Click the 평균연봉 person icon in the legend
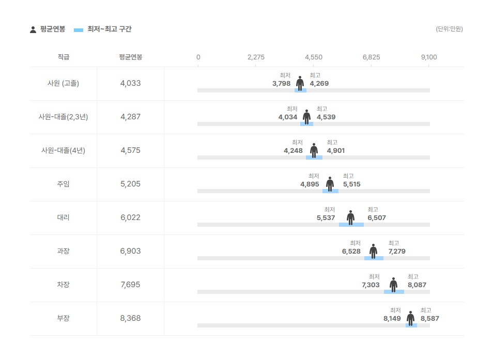pyautogui.click(x=33, y=29)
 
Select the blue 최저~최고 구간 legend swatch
pyautogui.click(x=79, y=30)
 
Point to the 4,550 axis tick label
pyautogui.click(x=314, y=57)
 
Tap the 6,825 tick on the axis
pyautogui.click(x=371, y=57)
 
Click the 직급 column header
pyautogui.click(x=64, y=57)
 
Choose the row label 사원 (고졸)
pyautogui.click(x=64, y=83)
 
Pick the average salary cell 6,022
pyautogui.click(x=130, y=217)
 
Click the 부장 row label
pyautogui.click(x=64, y=318)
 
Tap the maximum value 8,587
pyautogui.click(x=429, y=319)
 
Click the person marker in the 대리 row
pyautogui.click(x=351, y=217)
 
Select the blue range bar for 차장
pyautogui.click(x=394, y=292)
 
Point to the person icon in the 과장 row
pyautogui.click(x=373, y=251)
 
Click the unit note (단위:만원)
pyautogui.click(x=449, y=29)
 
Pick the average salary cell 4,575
pyautogui.click(x=130, y=150)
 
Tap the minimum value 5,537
pyautogui.click(x=326, y=218)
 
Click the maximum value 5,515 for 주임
pyautogui.click(x=352, y=184)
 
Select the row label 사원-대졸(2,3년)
pyautogui.click(x=64, y=117)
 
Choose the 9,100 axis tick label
pyautogui.click(x=429, y=57)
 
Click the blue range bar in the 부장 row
pyautogui.click(x=411, y=325)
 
